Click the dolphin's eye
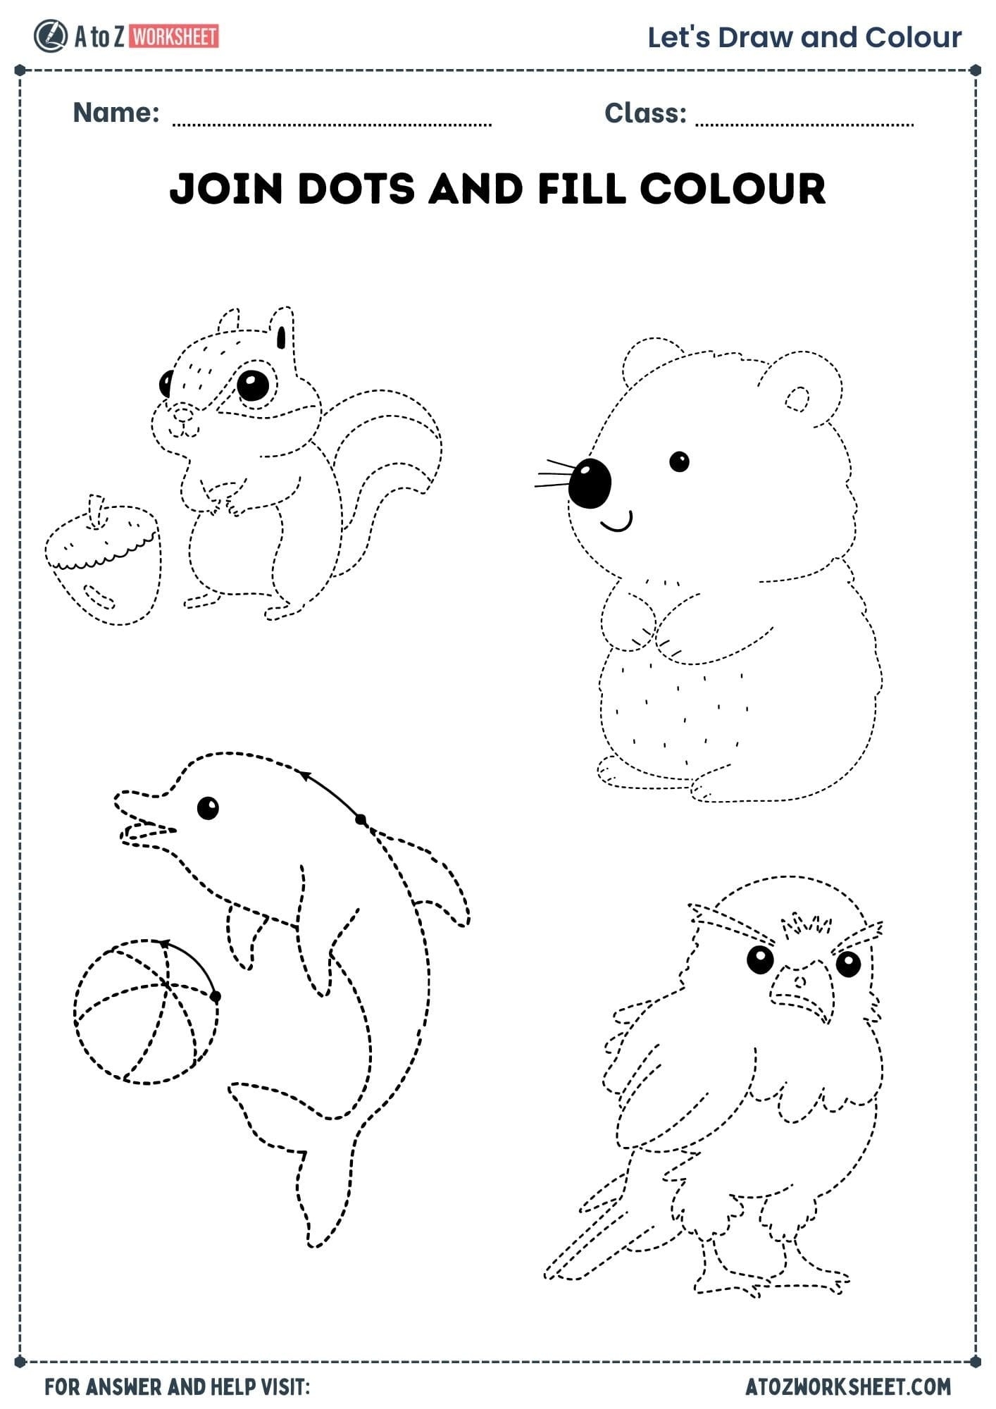208,807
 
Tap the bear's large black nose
590,483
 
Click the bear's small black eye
679,462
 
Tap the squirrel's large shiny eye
253,385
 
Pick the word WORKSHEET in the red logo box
174,37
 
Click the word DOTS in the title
356,189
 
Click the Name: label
116,113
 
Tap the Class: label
645,113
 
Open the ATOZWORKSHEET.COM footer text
848,1386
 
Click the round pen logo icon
50,37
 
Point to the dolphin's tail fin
296,1155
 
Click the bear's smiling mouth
616,523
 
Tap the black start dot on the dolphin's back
361,819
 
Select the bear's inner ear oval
797,399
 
